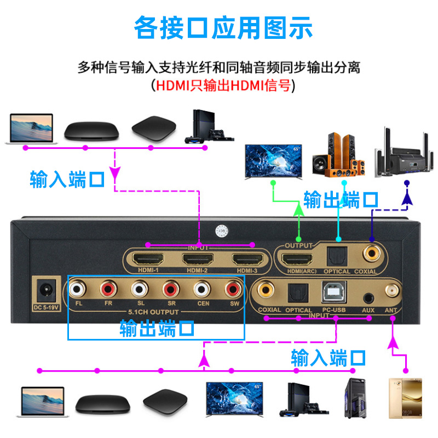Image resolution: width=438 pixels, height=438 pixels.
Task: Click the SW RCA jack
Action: [x=233, y=288]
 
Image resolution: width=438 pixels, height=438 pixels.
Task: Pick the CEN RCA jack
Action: [x=202, y=288]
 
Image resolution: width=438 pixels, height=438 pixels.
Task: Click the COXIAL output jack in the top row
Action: [x=373, y=253]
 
